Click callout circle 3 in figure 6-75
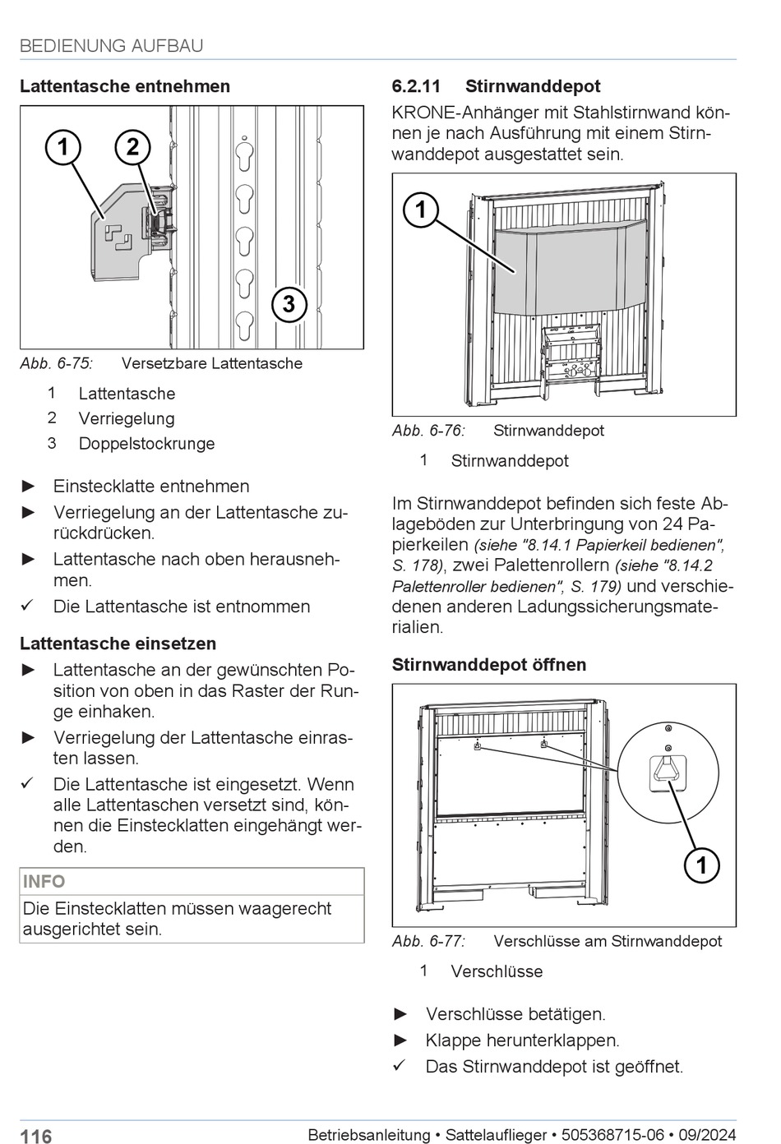[289, 304]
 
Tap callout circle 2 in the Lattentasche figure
[132, 147]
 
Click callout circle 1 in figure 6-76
[421, 210]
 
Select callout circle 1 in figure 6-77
[701, 865]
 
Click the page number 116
[36, 1136]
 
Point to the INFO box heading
[44, 882]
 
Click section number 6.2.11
[417, 86]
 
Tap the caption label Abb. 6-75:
[57, 363]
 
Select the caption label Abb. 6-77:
[428, 941]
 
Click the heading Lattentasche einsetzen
[118, 643]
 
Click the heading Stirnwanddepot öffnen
[489, 665]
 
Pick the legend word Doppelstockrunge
[146, 444]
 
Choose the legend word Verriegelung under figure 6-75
[127, 419]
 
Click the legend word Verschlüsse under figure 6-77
[497, 971]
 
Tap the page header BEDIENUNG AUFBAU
[112, 46]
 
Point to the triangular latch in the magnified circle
[667, 771]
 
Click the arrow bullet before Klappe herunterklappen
[400, 1040]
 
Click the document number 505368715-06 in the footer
[612, 1135]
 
